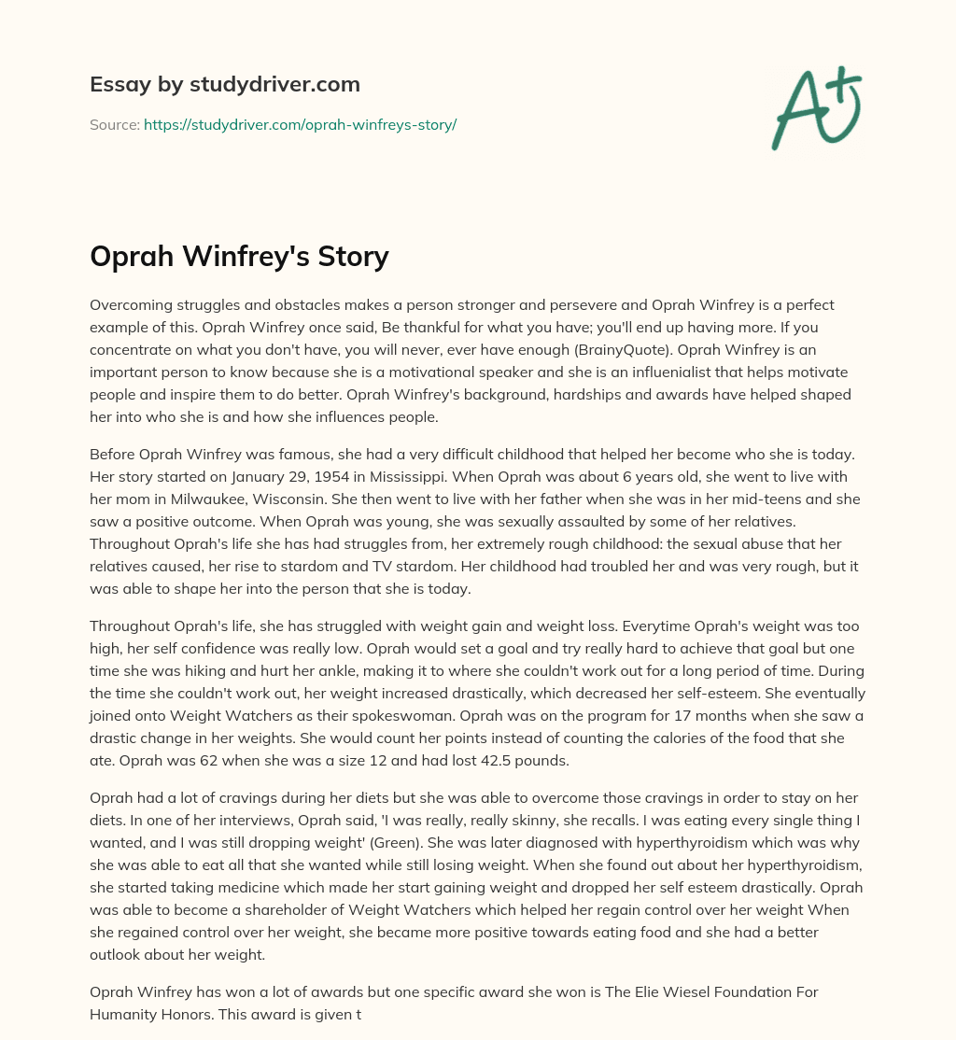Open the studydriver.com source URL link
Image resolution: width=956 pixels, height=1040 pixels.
click(300, 124)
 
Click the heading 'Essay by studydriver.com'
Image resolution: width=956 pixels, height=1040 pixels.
click(225, 84)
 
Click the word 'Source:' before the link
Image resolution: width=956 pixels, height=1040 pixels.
click(114, 124)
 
